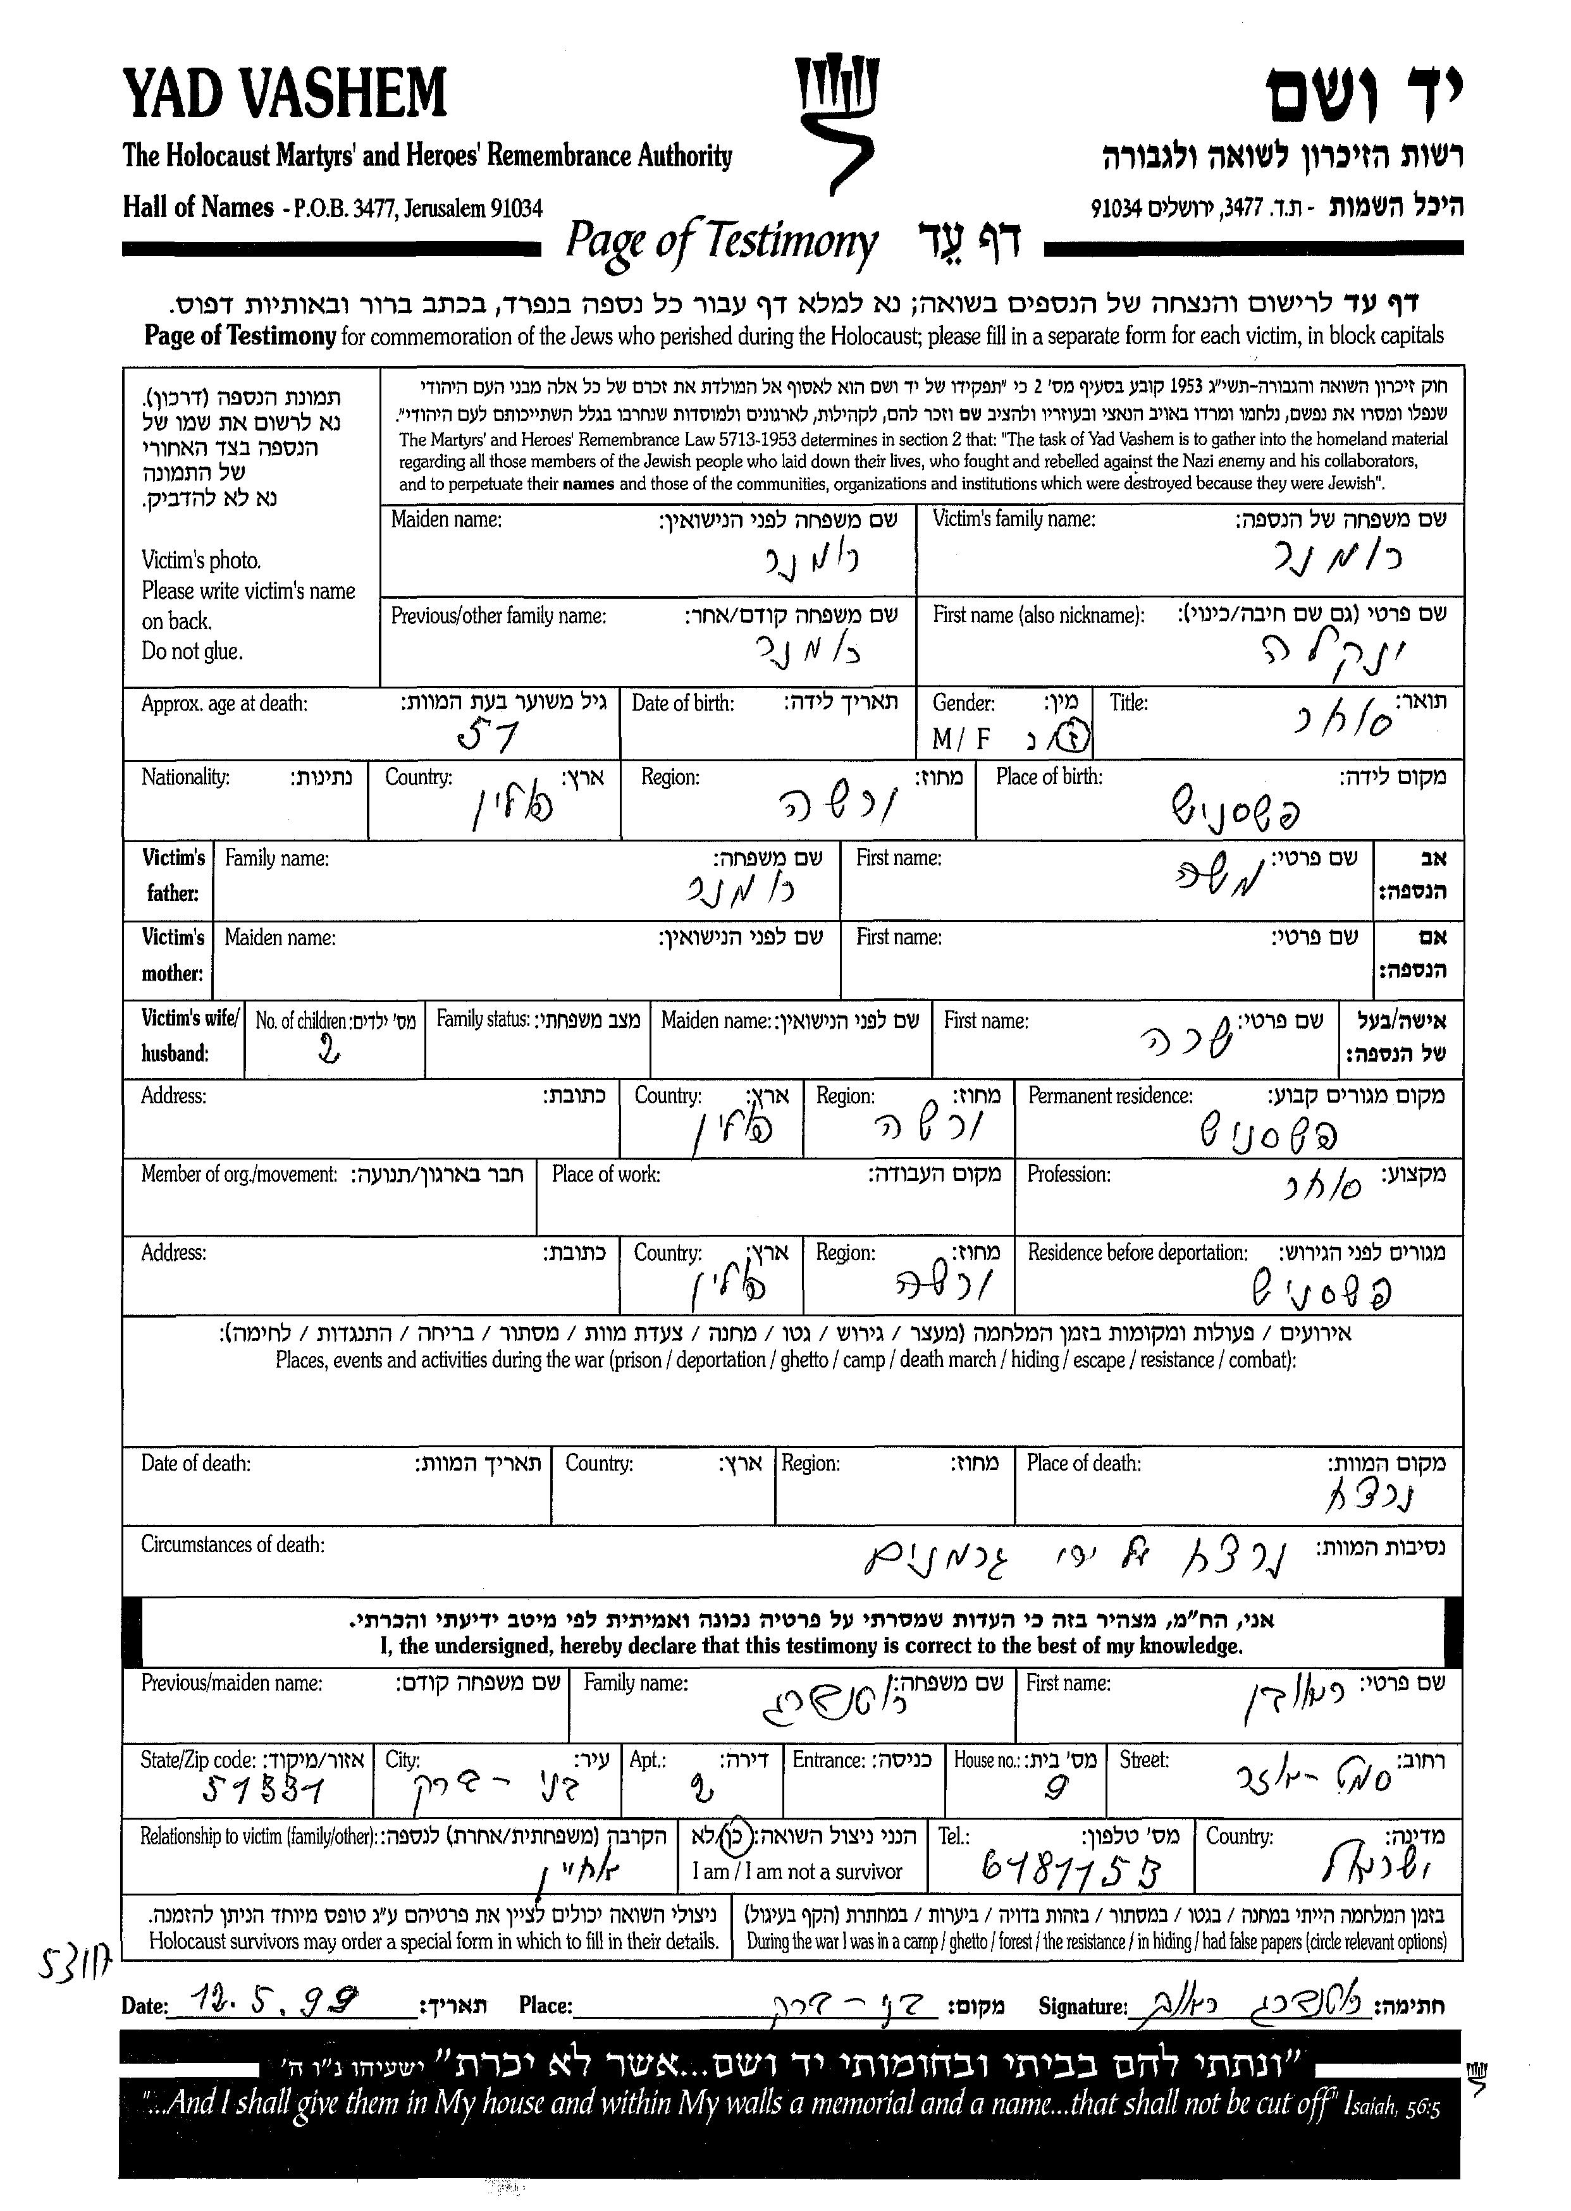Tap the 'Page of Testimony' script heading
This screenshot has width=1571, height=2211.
[722, 242]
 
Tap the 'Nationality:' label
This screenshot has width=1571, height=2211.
[185, 776]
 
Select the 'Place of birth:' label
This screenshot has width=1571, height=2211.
[1049, 776]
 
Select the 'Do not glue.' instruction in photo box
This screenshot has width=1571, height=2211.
[192, 651]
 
